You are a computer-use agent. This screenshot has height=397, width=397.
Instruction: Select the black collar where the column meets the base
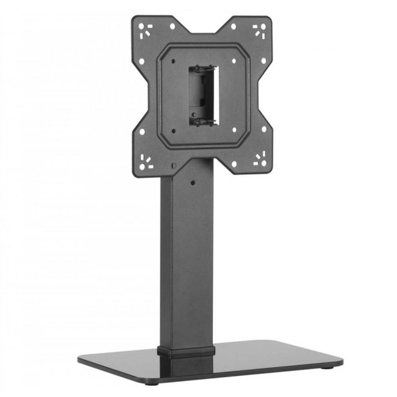[x=186, y=351]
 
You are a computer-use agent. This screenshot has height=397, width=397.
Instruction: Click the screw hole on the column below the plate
[x=193, y=183]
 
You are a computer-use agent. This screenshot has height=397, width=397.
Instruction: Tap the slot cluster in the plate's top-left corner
[x=145, y=31]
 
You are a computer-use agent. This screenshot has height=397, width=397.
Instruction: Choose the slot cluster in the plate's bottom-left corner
[x=145, y=162]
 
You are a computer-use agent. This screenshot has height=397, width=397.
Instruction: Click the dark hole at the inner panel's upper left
[x=173, y=62]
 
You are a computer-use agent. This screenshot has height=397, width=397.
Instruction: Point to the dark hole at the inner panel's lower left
[x=173, y=131]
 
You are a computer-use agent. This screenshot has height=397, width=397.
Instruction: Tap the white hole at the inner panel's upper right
[x=234, y=61]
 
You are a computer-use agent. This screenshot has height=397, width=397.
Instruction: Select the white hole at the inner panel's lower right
[x=234, y=129]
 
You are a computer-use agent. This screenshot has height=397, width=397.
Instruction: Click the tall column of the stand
[x=187, y=262]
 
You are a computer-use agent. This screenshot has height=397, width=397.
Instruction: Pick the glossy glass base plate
[x=254, y=363]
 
